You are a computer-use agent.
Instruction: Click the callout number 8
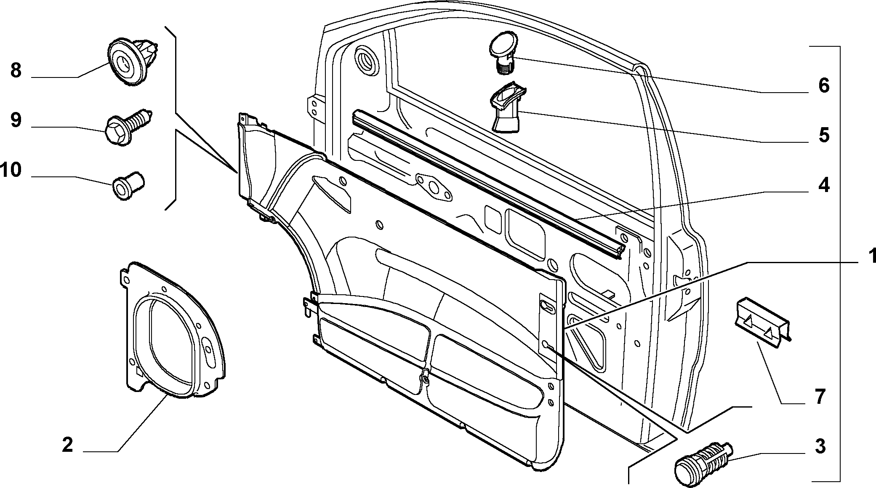(x=16, y=71)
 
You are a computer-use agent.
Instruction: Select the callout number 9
(x=16, y=121)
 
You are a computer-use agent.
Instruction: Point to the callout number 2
(x=67, y=445)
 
